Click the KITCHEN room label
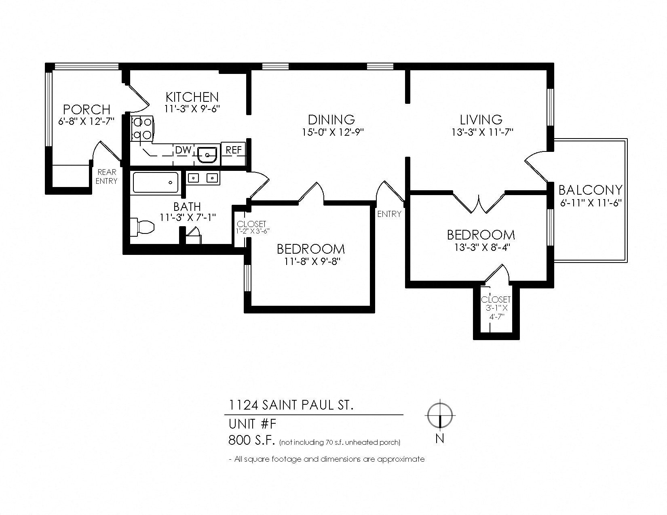pos(192,97)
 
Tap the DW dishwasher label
pos(183,150)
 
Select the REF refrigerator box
pos(234,150)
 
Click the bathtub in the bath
pos(156,182)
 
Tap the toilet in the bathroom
pos(142,227)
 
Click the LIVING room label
pos(481,120)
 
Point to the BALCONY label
pos(590,190)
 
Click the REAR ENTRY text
pos(106,177)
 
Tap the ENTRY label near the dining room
pos(389,214)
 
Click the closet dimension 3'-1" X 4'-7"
pos(496,312)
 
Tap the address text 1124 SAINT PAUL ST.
pos(291,405)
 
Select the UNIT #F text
pos(252,424)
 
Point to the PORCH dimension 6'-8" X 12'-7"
pos(87,122)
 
